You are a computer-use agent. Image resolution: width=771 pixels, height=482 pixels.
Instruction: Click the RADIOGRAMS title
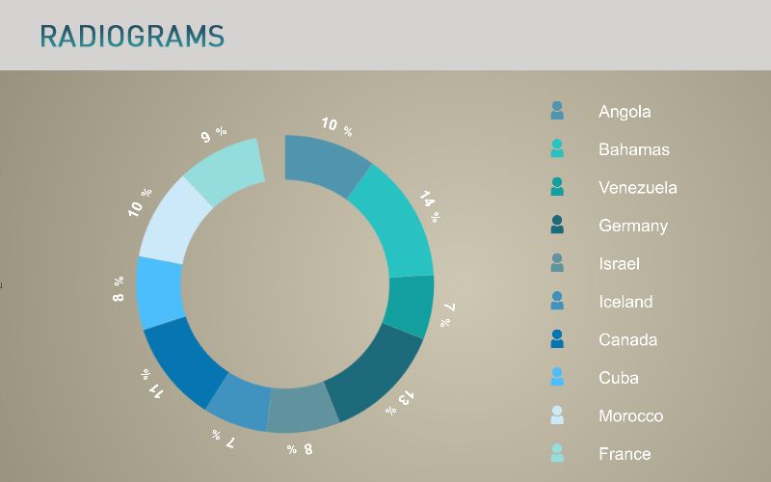point(132,36)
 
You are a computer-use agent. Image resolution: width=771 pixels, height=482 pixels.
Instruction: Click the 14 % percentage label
point(429,206)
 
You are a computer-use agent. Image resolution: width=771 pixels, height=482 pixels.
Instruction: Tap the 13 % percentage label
point(400,403)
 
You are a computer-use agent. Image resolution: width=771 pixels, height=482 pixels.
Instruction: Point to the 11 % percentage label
point(151,383)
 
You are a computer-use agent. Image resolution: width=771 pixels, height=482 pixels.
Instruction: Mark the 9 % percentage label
point(214,134)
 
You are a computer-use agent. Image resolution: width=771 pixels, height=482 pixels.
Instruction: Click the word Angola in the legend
point(625,112)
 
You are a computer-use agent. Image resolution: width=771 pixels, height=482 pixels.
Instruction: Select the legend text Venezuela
point(638,187)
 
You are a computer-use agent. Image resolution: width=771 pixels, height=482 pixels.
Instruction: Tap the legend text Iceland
point(625,302)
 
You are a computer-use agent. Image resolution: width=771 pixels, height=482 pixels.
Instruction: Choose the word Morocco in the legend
point(631,416)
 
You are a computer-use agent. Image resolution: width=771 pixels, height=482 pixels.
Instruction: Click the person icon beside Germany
point(557,225)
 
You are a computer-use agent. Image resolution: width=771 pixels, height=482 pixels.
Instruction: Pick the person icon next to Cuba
point(557,377)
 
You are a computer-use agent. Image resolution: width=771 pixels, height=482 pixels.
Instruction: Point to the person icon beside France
point(557,453)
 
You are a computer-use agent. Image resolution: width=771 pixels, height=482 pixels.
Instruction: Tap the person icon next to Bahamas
point(557,148)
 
